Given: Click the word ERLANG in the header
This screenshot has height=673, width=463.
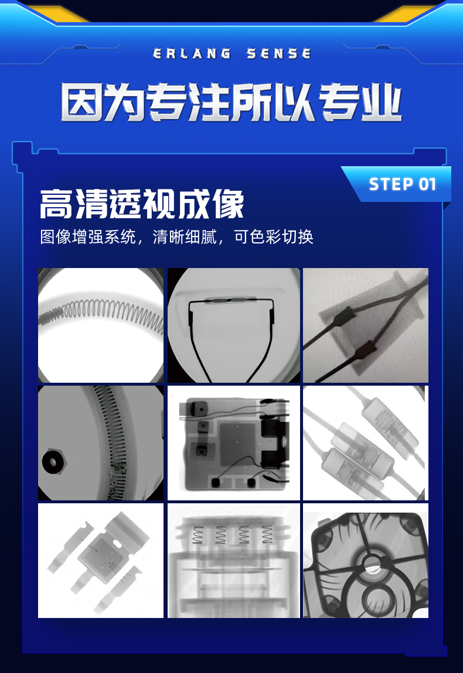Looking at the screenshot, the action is [192, 54].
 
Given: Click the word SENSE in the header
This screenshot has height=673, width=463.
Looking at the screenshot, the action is [278, 54].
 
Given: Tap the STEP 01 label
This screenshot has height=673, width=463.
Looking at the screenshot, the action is [403, 184].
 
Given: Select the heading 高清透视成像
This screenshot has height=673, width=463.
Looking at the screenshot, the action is [142, 204].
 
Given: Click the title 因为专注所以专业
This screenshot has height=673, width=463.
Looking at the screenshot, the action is [231, 102].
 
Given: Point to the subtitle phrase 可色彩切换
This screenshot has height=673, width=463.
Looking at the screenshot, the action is [274, 237].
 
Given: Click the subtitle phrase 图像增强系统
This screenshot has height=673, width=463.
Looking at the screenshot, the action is [88, 237].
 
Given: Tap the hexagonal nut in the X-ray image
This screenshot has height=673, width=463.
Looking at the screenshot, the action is [55, 461].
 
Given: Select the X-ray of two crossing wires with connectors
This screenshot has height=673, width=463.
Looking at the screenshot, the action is [365, 325].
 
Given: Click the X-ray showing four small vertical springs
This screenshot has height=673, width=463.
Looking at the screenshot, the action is [233, 561].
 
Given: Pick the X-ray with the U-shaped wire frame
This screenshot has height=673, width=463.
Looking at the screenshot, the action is [233, 325].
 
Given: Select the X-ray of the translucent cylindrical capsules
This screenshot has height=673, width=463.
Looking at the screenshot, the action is [365, 443].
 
